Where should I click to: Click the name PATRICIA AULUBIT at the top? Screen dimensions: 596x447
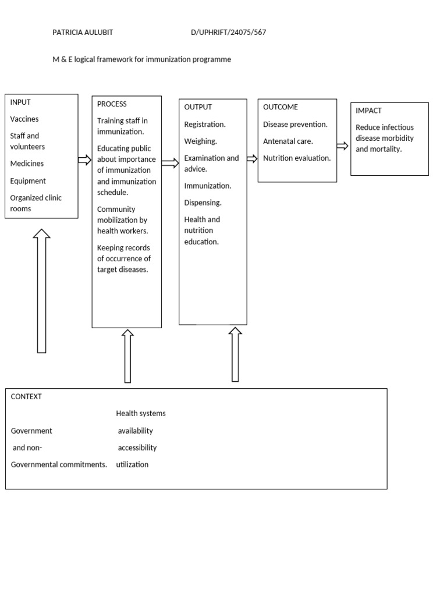click(x=83, y=33)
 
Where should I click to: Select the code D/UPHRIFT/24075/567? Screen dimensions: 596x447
click(x=228, y=33)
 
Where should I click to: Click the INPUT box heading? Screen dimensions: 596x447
click(x=20, y=102)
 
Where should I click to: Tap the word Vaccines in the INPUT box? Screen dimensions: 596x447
click(x=24, y=119)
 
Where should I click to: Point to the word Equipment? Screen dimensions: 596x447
click(x=28, y=181)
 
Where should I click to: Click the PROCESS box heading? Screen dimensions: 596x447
click(x=112, y=104)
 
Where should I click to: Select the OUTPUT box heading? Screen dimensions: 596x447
click(x=198, y=107)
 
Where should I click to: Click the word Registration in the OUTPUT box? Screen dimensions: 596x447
click(x=204, y=125)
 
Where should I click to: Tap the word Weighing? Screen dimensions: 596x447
click(x=200, y=141)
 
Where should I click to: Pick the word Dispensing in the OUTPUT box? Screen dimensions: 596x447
click(x=203, y=203)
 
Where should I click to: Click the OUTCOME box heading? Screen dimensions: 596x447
click(x=281, y=107)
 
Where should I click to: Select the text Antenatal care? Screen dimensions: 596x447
click(x=288, y=141)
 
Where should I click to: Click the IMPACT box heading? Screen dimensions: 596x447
click(x=368, y=111)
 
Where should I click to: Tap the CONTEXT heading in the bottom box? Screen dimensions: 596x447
click(x=26, y=397)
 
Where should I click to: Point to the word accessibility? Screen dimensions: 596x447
click(x=137, y=448)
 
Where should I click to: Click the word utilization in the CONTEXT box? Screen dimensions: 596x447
click(x=132, y=465)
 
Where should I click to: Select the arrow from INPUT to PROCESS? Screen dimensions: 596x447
click(x=85, y=160)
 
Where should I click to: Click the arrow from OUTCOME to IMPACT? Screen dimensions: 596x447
click(x=342, y=146)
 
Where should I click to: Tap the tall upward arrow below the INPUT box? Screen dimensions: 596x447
click(x=41, y=291)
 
